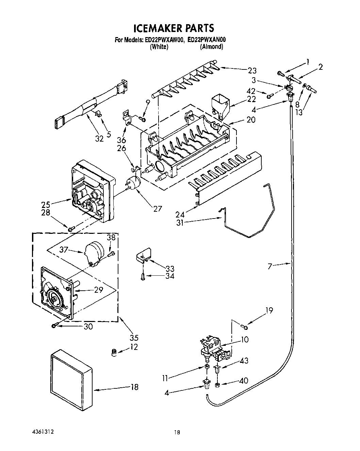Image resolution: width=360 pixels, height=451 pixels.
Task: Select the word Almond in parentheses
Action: (x=212, y=47)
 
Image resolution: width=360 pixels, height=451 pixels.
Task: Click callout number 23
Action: (x=252, y=71)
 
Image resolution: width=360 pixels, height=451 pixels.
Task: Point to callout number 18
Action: (x=134, y=387)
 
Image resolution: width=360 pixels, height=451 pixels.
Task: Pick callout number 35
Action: (x=134, y=338)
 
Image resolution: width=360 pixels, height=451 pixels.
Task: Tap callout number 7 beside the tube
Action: (x=270, y=266)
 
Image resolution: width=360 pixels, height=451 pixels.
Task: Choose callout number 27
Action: (x=157, y=209)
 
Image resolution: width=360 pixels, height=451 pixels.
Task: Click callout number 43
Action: (x=244, y=361)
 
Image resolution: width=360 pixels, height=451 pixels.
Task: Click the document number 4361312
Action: (x=40, y=432)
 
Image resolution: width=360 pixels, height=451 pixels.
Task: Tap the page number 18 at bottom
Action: (x=177, y=432)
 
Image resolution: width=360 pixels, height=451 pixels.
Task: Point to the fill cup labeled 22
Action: (x=220, y=103)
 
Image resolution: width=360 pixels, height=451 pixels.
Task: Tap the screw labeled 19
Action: (x=245, y=327)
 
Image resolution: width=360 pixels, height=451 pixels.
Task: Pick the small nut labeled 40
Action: (x=217, y=385)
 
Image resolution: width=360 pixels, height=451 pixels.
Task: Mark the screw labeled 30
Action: (x=54, y=326)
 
